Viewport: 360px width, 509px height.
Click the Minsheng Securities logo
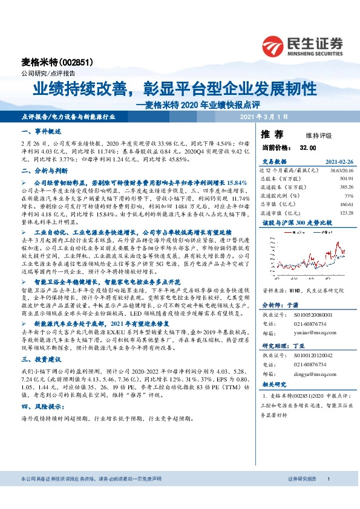coord(303,46)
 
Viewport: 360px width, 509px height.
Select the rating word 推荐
coord(271,134)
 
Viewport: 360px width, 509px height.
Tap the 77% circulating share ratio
coord(348,196)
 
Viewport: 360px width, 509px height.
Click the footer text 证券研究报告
coord(303,479)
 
